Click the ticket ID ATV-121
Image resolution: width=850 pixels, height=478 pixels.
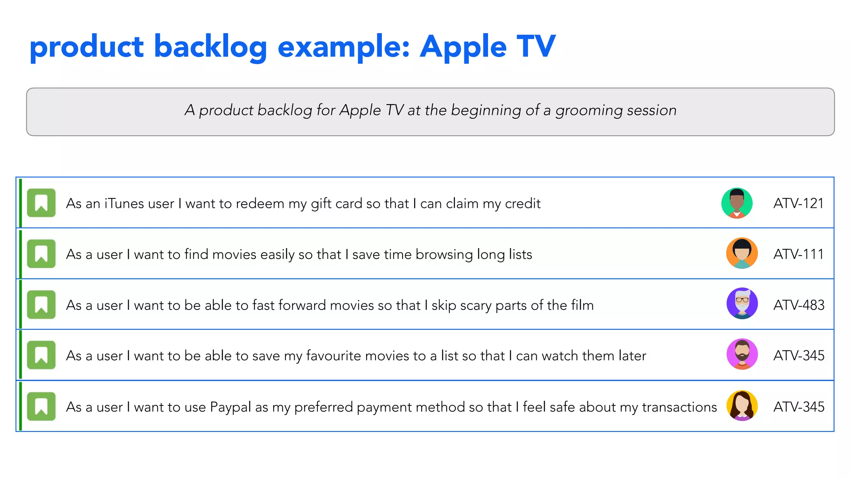[x=798, y=203]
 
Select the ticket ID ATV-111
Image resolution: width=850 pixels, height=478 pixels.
[x=798, y=254]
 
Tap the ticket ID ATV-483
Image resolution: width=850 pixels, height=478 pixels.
[x=799, y=305]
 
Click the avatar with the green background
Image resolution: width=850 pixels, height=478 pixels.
[x=737, y=203]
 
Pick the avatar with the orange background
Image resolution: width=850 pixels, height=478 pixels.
[x=742, y=254]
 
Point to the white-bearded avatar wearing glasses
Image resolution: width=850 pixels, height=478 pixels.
[x=742, y=303]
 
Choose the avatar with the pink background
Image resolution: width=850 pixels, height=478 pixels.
[x=742, y=354]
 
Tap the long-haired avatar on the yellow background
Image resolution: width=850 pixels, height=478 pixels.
[x=742, y=406]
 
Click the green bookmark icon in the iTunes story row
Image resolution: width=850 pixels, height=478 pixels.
[x=41, y=203]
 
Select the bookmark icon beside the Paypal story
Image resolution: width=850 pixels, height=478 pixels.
[x=41, y=406]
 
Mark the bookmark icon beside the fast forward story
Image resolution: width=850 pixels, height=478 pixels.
[x=41, y=305]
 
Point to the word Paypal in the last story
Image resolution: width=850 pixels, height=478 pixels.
[x=230, y=407]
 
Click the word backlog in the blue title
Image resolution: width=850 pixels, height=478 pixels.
[x=210, y=47]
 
